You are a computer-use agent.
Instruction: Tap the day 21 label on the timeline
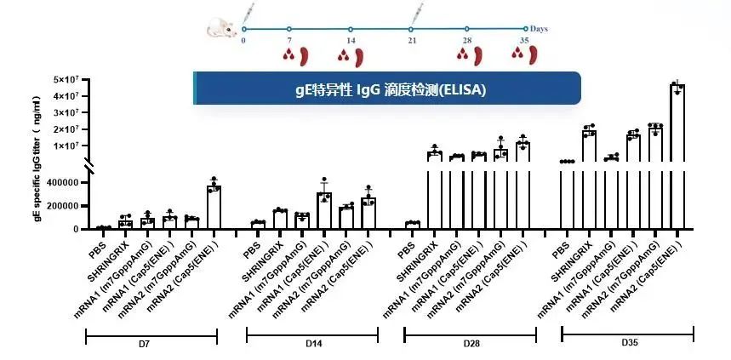pyautogui.click(x=413, y=41)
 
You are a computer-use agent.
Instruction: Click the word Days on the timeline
pyautogui.click(x=539, y=29)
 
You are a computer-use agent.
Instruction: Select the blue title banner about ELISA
pyautogui.click(x=387, y=89)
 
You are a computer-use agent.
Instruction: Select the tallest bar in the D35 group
pyautogui.click(x=677, y=153)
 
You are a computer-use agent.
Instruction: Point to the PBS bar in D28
pyautogui.click(x=413, y=226)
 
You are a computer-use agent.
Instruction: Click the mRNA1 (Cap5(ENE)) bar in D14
pyautogui.click(x=323, y=211)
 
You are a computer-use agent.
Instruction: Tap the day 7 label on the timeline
pyautogui.click(x=289, y=41)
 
